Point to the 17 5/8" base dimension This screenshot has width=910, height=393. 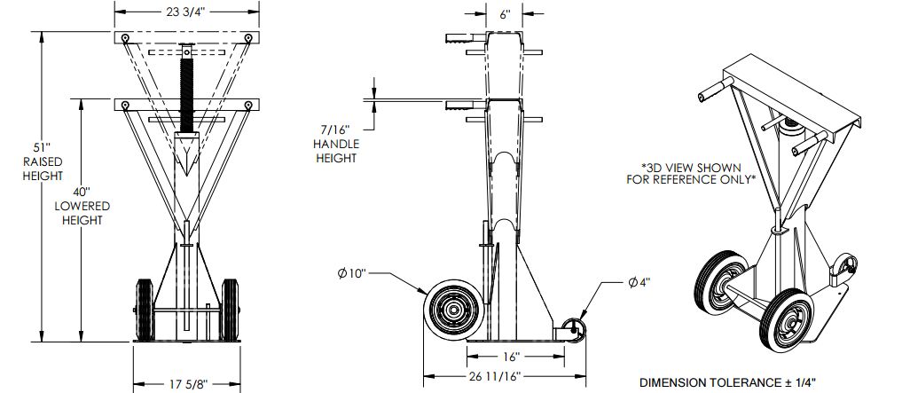(187, 384)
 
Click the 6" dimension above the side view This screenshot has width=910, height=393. (505, 14)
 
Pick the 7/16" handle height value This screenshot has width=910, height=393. (336, 130)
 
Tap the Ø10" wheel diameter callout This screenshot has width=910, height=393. (352, 273)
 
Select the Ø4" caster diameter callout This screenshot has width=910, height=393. (639, 282)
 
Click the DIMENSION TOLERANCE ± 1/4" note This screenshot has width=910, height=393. (728, 382)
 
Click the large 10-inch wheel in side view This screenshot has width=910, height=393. (454, 310)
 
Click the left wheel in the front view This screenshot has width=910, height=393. (144, 310)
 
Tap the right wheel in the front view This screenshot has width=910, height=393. (230, 310)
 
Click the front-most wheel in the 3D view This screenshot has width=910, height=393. (787, 320)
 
